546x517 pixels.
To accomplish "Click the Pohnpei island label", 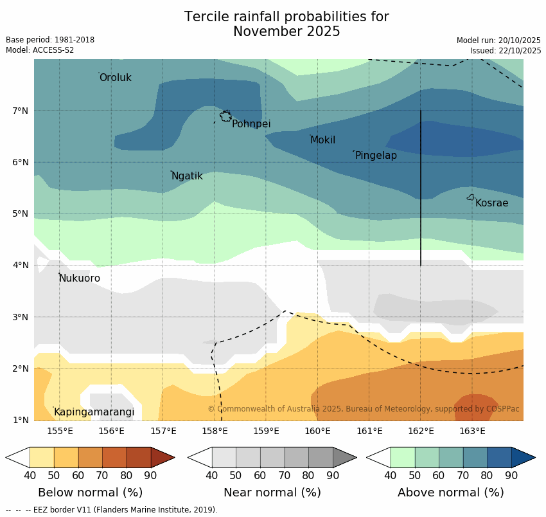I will pyautogui.click(x=251, y=124).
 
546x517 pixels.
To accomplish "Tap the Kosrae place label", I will pyautogui.click(x=491, y=203).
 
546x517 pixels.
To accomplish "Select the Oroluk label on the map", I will pyautogui.click(x=115, y=78).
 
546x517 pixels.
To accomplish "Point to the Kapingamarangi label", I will pyautogui.click(x=94, y=412).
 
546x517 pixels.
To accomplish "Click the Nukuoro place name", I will pyautogui.click(x=80, y=278).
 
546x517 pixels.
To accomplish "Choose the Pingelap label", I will pyautogui.click(x=376, y=156).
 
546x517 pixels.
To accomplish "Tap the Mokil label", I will pyautogui.click(x=322, y=140).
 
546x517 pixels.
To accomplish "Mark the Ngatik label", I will pyautogui.click(x=187, y=176).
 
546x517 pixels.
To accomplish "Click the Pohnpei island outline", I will pyautogui.click(x=225, y=116).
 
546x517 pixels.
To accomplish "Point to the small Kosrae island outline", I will pyautogui.click(x=471, y=197).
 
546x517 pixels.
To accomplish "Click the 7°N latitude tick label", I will pyautogui.click(x=21, y=111).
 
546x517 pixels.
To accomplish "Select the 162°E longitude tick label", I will pyautogui.click(x=421, y=431).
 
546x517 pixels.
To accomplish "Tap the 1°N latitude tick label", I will pyautogui.click(x=21, y=421).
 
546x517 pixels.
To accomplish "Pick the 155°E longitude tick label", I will pyautogui.click(x=60, y=431).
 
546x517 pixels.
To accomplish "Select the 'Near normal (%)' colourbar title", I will pyautogui.click(x=272, y=493).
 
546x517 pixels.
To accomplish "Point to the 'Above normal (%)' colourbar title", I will pyautogui.click(x=450, y=493).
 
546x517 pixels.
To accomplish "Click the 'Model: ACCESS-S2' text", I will pyautogui.click(x=40, y=50).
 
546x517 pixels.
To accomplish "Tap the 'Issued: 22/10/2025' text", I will pyautogui.click(x=505, y=50).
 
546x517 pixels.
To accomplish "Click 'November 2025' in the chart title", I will pyautogui.click(x=286, y=32).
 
